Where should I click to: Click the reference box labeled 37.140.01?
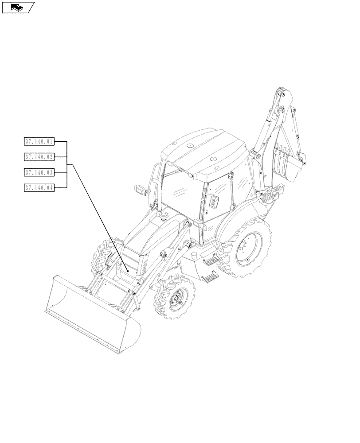tap(39, 142)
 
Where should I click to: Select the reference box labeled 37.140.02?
tap(39, 157)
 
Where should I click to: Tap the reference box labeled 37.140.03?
tap(39, 172)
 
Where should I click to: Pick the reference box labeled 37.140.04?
tap(39, 187)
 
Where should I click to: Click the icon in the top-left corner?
tap(18, 7)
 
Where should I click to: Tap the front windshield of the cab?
tap(182, 190)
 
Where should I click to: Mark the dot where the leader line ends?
tap(128, 271)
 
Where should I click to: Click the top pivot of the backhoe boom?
tap(280, 93)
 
